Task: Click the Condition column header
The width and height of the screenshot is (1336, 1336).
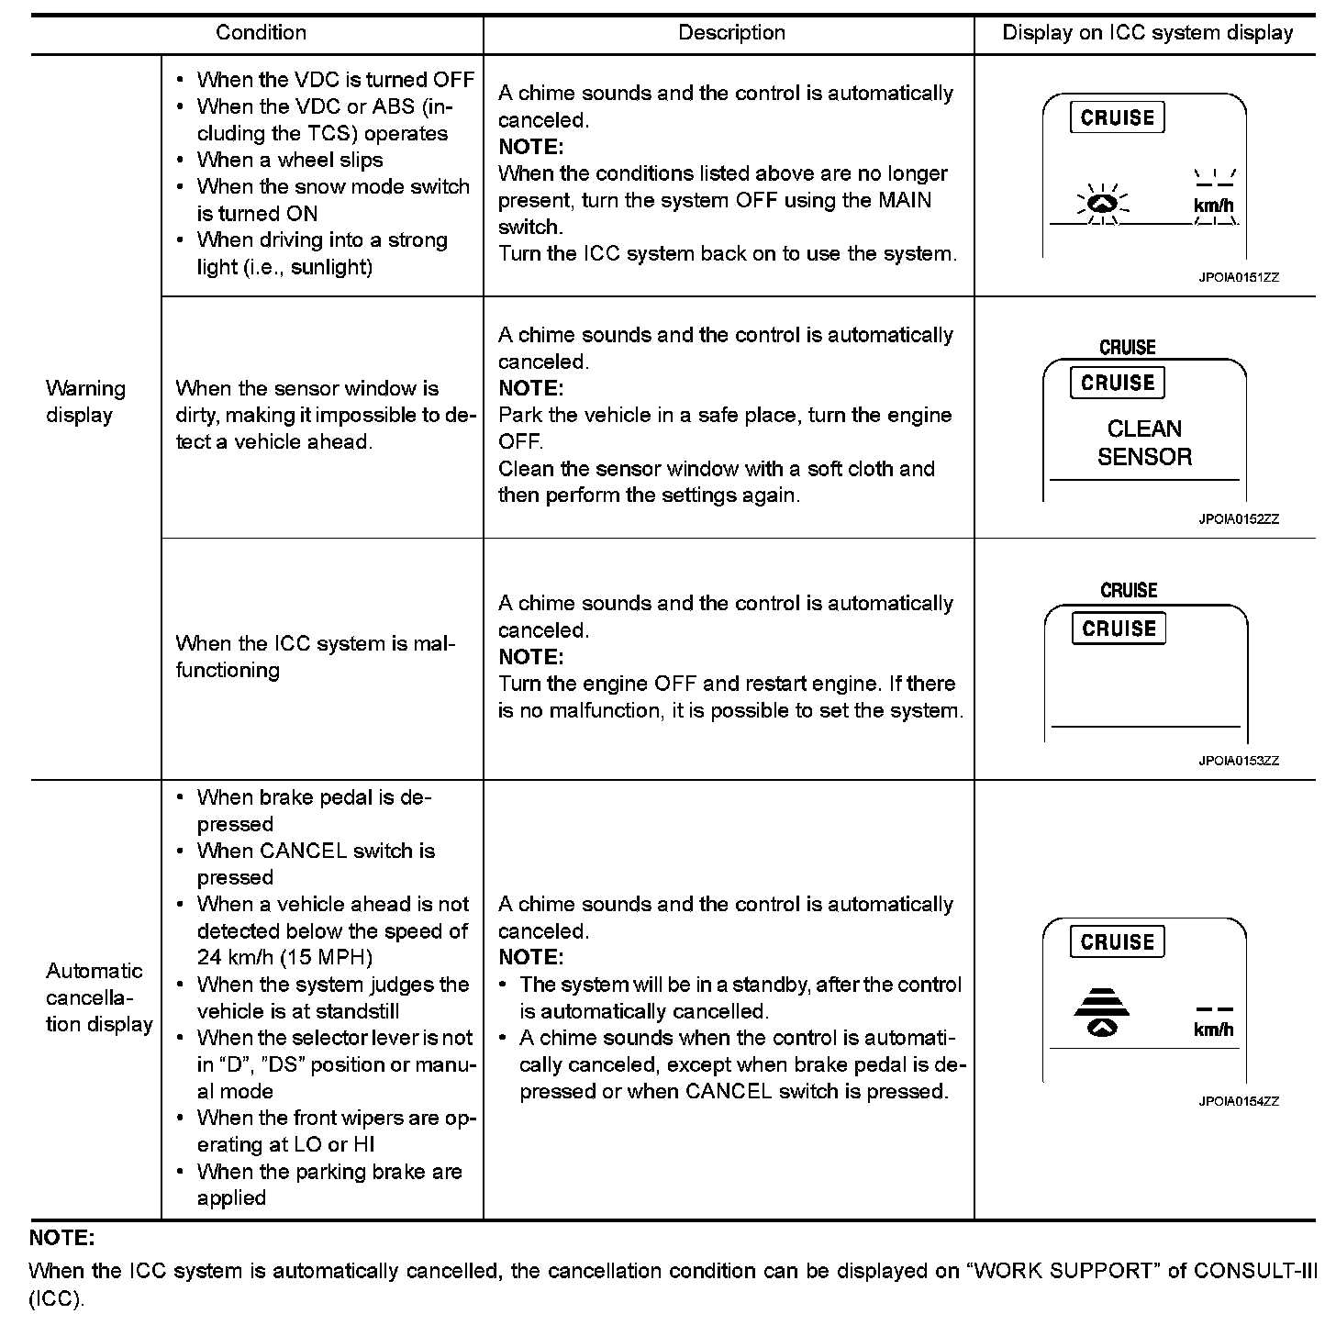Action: click(x=261, y=33)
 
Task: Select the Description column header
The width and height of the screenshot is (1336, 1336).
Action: click(x=731, y=33)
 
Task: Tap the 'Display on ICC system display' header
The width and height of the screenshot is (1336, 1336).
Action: click(x=1147, y=33)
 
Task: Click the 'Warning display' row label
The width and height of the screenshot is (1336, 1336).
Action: click(x=85, y=402)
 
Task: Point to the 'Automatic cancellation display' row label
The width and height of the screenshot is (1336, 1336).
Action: click(x=99, y=997)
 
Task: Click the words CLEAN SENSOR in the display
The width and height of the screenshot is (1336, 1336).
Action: click(x=1144, y=443)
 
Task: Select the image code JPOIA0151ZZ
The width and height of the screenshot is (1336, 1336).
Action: click(x=1238, y=277)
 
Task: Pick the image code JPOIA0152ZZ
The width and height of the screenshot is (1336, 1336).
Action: click(x=1238, y=519)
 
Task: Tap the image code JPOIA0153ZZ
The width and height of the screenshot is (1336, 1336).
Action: click(x=1238, y=761)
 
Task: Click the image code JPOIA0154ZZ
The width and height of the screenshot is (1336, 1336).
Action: click(x=1238, y=1101)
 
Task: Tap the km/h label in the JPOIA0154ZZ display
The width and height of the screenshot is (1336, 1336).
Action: click(x=1213, y=1030)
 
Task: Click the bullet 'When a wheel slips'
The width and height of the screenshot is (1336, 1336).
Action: click(x=290, y=160)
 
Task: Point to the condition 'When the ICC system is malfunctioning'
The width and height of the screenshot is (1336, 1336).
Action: click(x=315, y=657)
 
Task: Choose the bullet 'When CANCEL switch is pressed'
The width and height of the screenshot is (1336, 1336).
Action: click(x=316, y=863)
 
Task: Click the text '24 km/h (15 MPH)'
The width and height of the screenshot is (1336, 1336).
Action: click(x=284, y=957)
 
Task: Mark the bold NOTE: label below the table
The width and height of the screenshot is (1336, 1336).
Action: click(x=62, y=1238)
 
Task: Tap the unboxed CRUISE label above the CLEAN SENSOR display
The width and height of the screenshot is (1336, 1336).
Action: click(x=1128, y=348)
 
